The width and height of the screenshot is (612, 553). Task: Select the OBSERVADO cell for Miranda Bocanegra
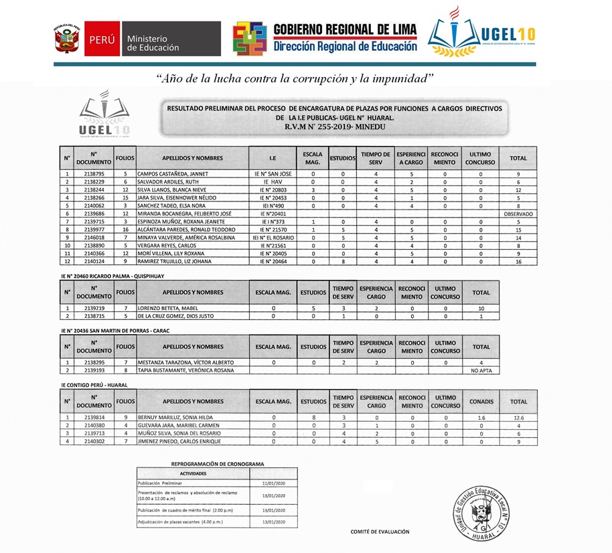point(518,213)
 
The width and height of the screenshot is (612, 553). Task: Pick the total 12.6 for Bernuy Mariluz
point(518,417)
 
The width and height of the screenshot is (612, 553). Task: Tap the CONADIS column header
point(482,402)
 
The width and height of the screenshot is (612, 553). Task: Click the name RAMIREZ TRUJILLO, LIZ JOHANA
point(175,261)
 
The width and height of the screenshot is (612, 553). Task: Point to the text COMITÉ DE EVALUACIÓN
point(380,532)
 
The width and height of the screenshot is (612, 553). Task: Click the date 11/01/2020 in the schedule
point(274,482)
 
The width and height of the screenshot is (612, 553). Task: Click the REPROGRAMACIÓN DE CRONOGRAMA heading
point(217,463)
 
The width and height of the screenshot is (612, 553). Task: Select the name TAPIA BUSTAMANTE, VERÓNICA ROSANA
point(185,370)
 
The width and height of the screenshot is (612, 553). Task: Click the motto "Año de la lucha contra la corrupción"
point(295,78)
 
